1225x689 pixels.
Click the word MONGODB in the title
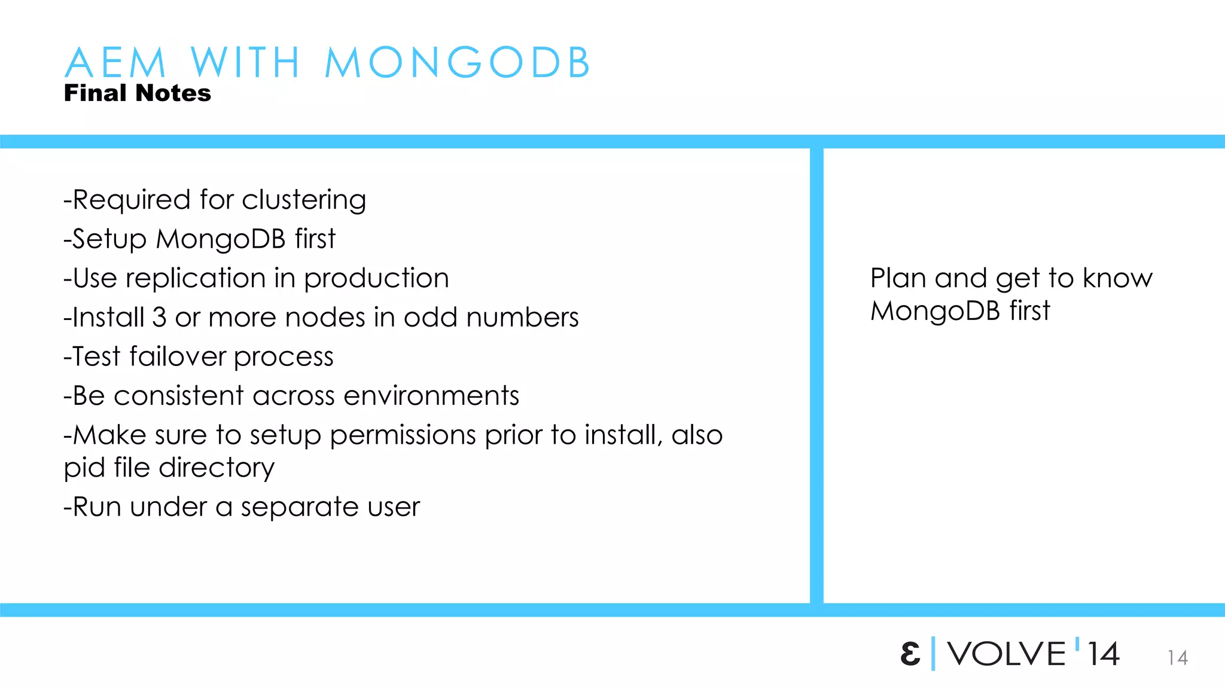pos(458,62)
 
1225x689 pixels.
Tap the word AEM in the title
pos(115,62)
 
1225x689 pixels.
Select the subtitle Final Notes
pos(138,93)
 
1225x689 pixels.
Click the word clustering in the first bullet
pos(304,200)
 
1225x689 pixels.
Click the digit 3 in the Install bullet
pos(159,317)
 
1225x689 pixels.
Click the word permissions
pos(403,435)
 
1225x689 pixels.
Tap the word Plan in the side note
pos(898,278)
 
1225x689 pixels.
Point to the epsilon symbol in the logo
pos(910,654)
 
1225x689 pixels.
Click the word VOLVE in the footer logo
pos(1007,654)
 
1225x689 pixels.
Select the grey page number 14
pos(1177,658)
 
